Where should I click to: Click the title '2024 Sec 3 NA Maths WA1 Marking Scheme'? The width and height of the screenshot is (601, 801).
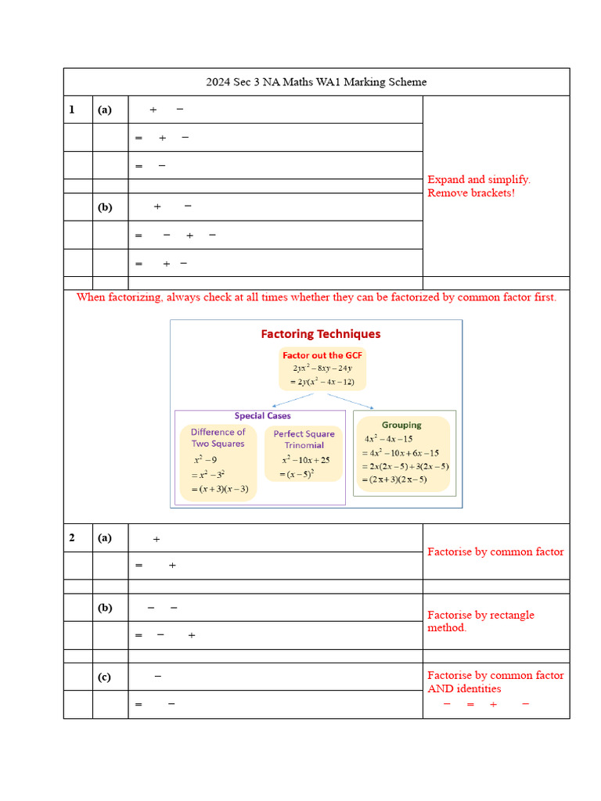[316, 82]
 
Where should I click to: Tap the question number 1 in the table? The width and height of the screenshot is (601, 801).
[72, 110]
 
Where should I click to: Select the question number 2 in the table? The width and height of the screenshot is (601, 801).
[72, 537]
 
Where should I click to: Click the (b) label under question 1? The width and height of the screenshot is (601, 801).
[105, 207]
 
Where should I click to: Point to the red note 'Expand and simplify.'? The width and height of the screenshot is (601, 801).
[479, 180]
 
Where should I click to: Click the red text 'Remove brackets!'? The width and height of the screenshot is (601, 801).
[471, 193]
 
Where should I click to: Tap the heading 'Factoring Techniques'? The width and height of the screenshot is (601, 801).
[320, 334]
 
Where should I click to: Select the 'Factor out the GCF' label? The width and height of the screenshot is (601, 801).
[322, 355]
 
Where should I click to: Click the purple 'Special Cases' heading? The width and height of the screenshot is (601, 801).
[263, 416]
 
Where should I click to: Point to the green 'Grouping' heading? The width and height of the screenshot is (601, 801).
[401, 425]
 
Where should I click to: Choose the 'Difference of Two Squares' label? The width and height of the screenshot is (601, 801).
[218, 438]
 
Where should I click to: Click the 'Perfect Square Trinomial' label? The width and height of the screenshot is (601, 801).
[304, 440]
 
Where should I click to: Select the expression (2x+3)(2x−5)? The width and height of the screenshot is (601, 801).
[395, 480]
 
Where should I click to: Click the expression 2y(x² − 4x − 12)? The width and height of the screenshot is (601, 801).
[323, 382]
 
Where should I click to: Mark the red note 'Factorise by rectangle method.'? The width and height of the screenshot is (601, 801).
[480, 621]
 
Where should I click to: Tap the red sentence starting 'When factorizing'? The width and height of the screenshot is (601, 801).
[316, 297]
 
